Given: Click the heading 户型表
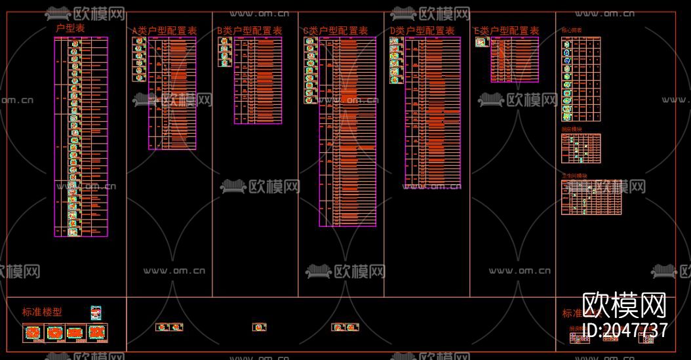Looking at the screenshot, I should (70, 28).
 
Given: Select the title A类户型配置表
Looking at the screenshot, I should (165, 31).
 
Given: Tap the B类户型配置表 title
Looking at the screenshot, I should (250, 31).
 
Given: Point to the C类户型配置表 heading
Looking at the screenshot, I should (336, 31).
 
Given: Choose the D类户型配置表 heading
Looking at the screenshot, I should (422, 31).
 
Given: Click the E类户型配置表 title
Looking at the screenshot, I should (507, 31).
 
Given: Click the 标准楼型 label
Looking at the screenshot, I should (43, 312).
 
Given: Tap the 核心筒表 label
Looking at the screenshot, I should (572, 31).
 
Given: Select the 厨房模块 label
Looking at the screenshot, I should (571, 130).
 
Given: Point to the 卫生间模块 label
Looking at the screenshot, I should (574, 176).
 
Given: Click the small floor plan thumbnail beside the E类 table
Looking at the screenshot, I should (482, 42).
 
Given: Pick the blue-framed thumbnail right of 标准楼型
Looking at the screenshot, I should (96, 313).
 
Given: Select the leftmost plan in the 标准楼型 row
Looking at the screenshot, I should (33, 332).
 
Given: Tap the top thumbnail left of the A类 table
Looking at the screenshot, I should (139, 41).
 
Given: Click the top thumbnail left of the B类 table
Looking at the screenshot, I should (224, 41).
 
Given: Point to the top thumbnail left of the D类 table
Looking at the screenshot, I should (395, 41).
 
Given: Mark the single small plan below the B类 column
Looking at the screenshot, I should (260, 327).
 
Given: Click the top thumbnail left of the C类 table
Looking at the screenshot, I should (310, 41).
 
